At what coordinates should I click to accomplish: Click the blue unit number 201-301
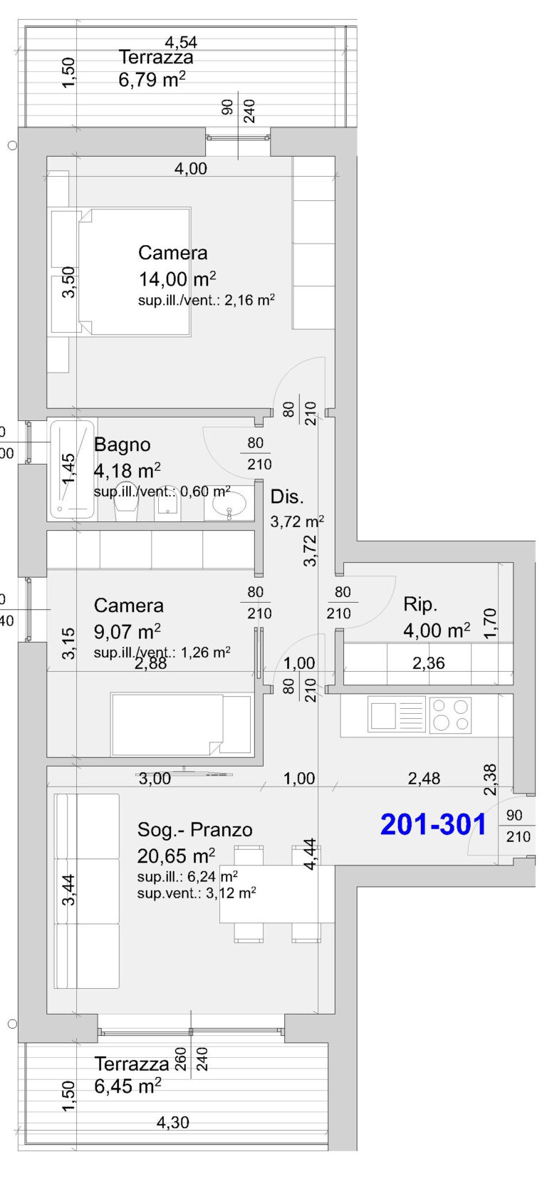433,824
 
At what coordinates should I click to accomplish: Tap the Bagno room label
122,445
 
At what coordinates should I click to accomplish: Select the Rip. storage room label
420,604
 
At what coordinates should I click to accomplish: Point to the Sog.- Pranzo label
194,830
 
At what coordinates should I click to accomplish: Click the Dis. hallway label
287,497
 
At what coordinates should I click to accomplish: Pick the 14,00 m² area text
177,279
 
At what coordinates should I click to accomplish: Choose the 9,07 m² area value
127,632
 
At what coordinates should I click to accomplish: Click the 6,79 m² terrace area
152,80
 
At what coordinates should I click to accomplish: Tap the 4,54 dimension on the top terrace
181,42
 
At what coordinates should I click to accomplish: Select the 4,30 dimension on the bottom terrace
172,1123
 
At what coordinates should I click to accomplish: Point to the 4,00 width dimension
191,169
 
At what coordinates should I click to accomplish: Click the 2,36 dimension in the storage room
429,663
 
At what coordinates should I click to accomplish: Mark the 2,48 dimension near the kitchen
424,779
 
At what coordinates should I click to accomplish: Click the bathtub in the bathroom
73,469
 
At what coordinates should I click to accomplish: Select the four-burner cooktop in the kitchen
450,715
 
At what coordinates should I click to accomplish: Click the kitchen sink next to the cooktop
397,715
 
